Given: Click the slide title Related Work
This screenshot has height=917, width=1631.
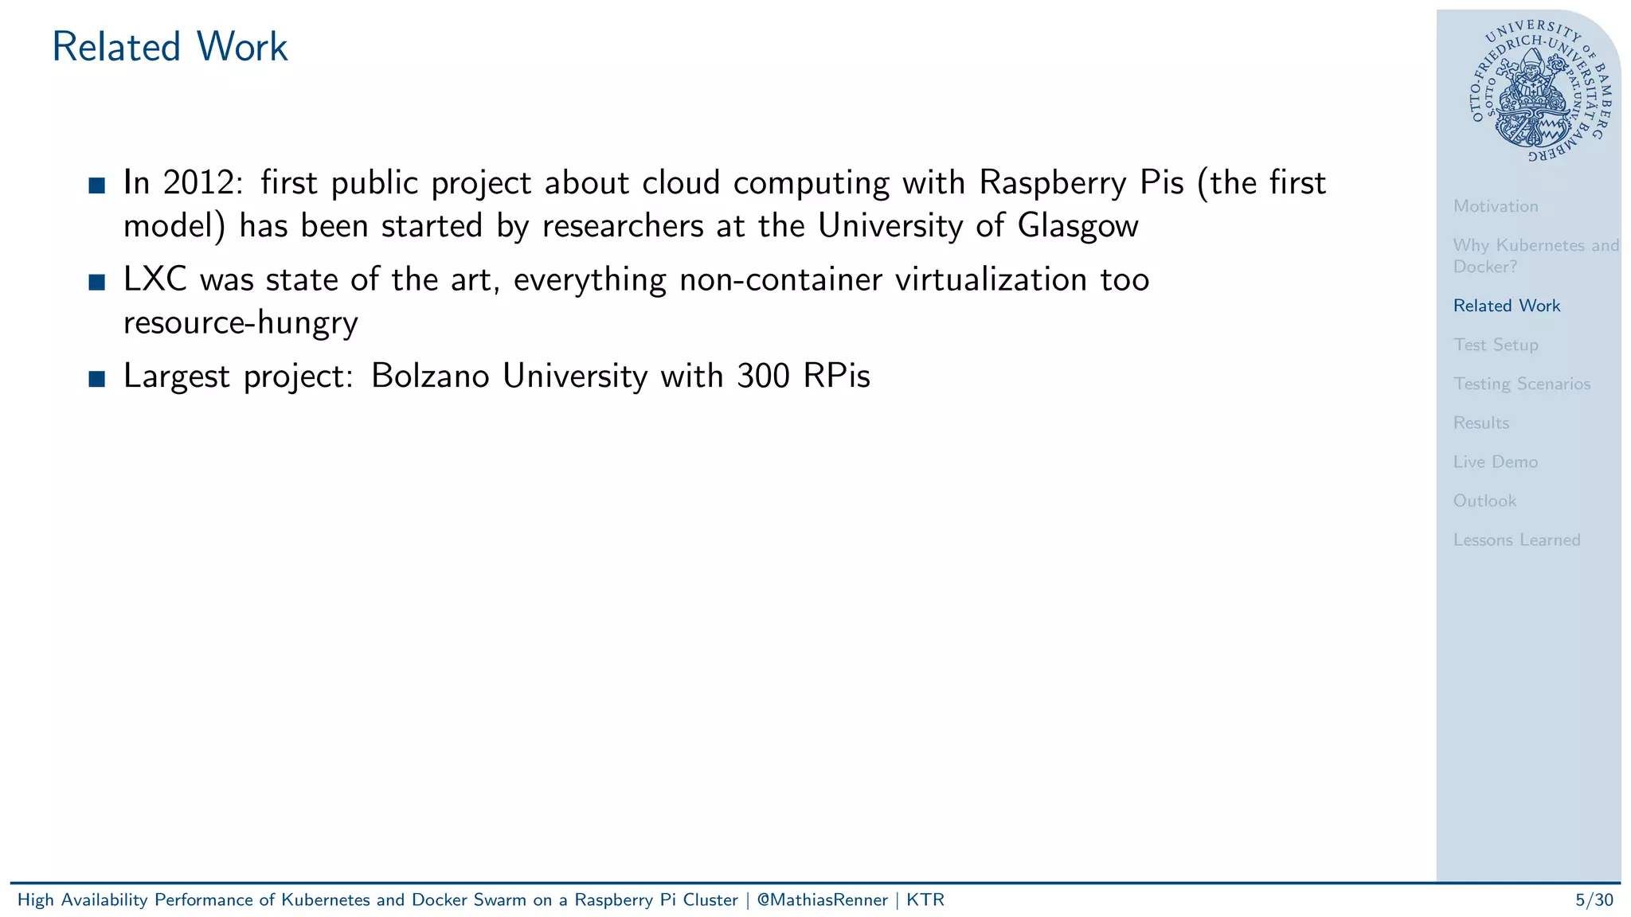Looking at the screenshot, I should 170,47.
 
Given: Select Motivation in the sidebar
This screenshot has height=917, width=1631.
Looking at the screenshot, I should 1495,206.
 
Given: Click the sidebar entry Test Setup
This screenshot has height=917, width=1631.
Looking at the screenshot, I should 1495,345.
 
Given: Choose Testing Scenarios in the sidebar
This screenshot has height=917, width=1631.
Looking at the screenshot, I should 1521,384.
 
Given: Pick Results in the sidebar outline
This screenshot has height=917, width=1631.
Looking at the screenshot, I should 1480,423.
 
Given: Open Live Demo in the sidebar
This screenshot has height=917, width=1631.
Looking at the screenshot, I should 1495,462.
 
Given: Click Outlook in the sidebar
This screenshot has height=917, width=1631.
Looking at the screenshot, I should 1484,501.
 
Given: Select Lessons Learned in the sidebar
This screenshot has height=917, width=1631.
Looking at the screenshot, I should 1516,540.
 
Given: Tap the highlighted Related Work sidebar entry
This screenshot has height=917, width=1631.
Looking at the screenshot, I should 1506,306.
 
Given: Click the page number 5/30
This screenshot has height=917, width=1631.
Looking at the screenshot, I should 1594,900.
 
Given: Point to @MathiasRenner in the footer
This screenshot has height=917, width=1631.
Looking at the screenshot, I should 822,900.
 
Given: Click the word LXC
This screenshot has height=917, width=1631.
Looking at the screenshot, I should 154,279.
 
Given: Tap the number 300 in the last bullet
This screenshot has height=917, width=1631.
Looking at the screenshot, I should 763,376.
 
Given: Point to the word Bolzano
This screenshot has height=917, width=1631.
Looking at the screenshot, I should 430,376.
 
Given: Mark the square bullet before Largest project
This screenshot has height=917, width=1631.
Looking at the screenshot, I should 97,378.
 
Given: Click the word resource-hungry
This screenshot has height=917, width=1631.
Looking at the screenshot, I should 241,323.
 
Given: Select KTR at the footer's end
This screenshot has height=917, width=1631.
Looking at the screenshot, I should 925,900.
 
